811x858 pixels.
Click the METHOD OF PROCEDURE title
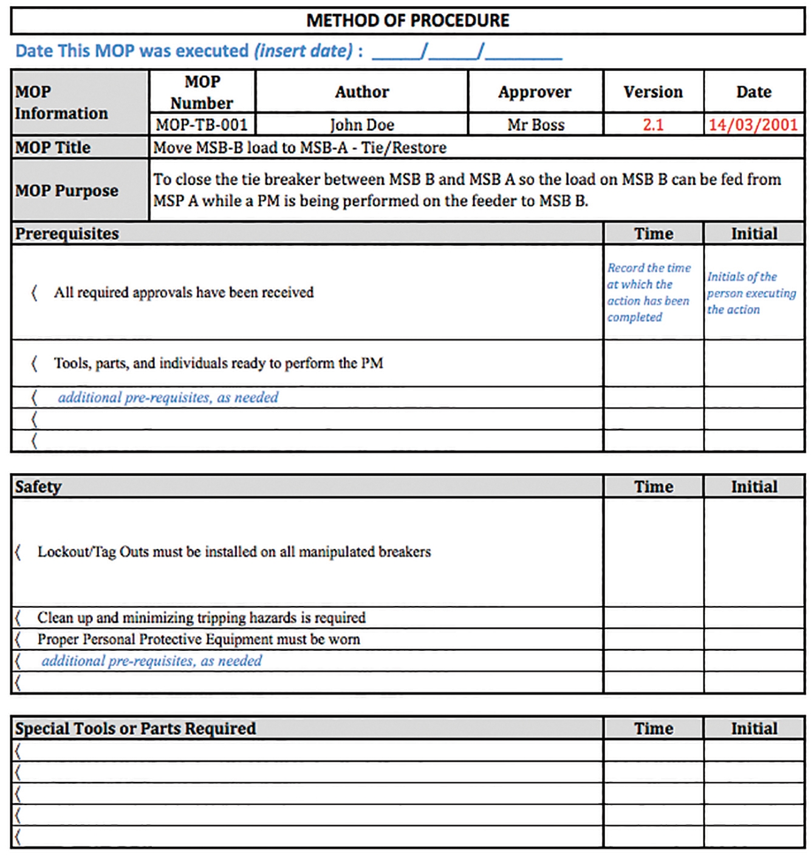pos(408,21)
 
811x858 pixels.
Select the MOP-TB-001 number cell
pos(202,124)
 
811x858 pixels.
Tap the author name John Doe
pos(362,124)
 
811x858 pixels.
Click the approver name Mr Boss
pos(536,124)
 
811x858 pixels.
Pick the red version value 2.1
pos(653,124)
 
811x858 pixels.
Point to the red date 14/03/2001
pos(753,124)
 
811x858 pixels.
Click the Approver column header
pos(535,92)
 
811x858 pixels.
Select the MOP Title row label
pos(53,148)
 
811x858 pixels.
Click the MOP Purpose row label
pos(67,191)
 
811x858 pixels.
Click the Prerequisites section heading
pos(67,234)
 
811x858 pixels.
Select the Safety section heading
pos(38,486)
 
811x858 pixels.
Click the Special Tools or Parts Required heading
pos(135,728)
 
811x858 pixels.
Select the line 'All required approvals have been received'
pos(183,292)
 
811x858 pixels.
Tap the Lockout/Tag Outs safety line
pos(234,551)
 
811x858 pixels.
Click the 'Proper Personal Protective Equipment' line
pos(199,639)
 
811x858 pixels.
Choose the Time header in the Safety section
pos(654,486)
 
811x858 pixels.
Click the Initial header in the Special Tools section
pos(754,728)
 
